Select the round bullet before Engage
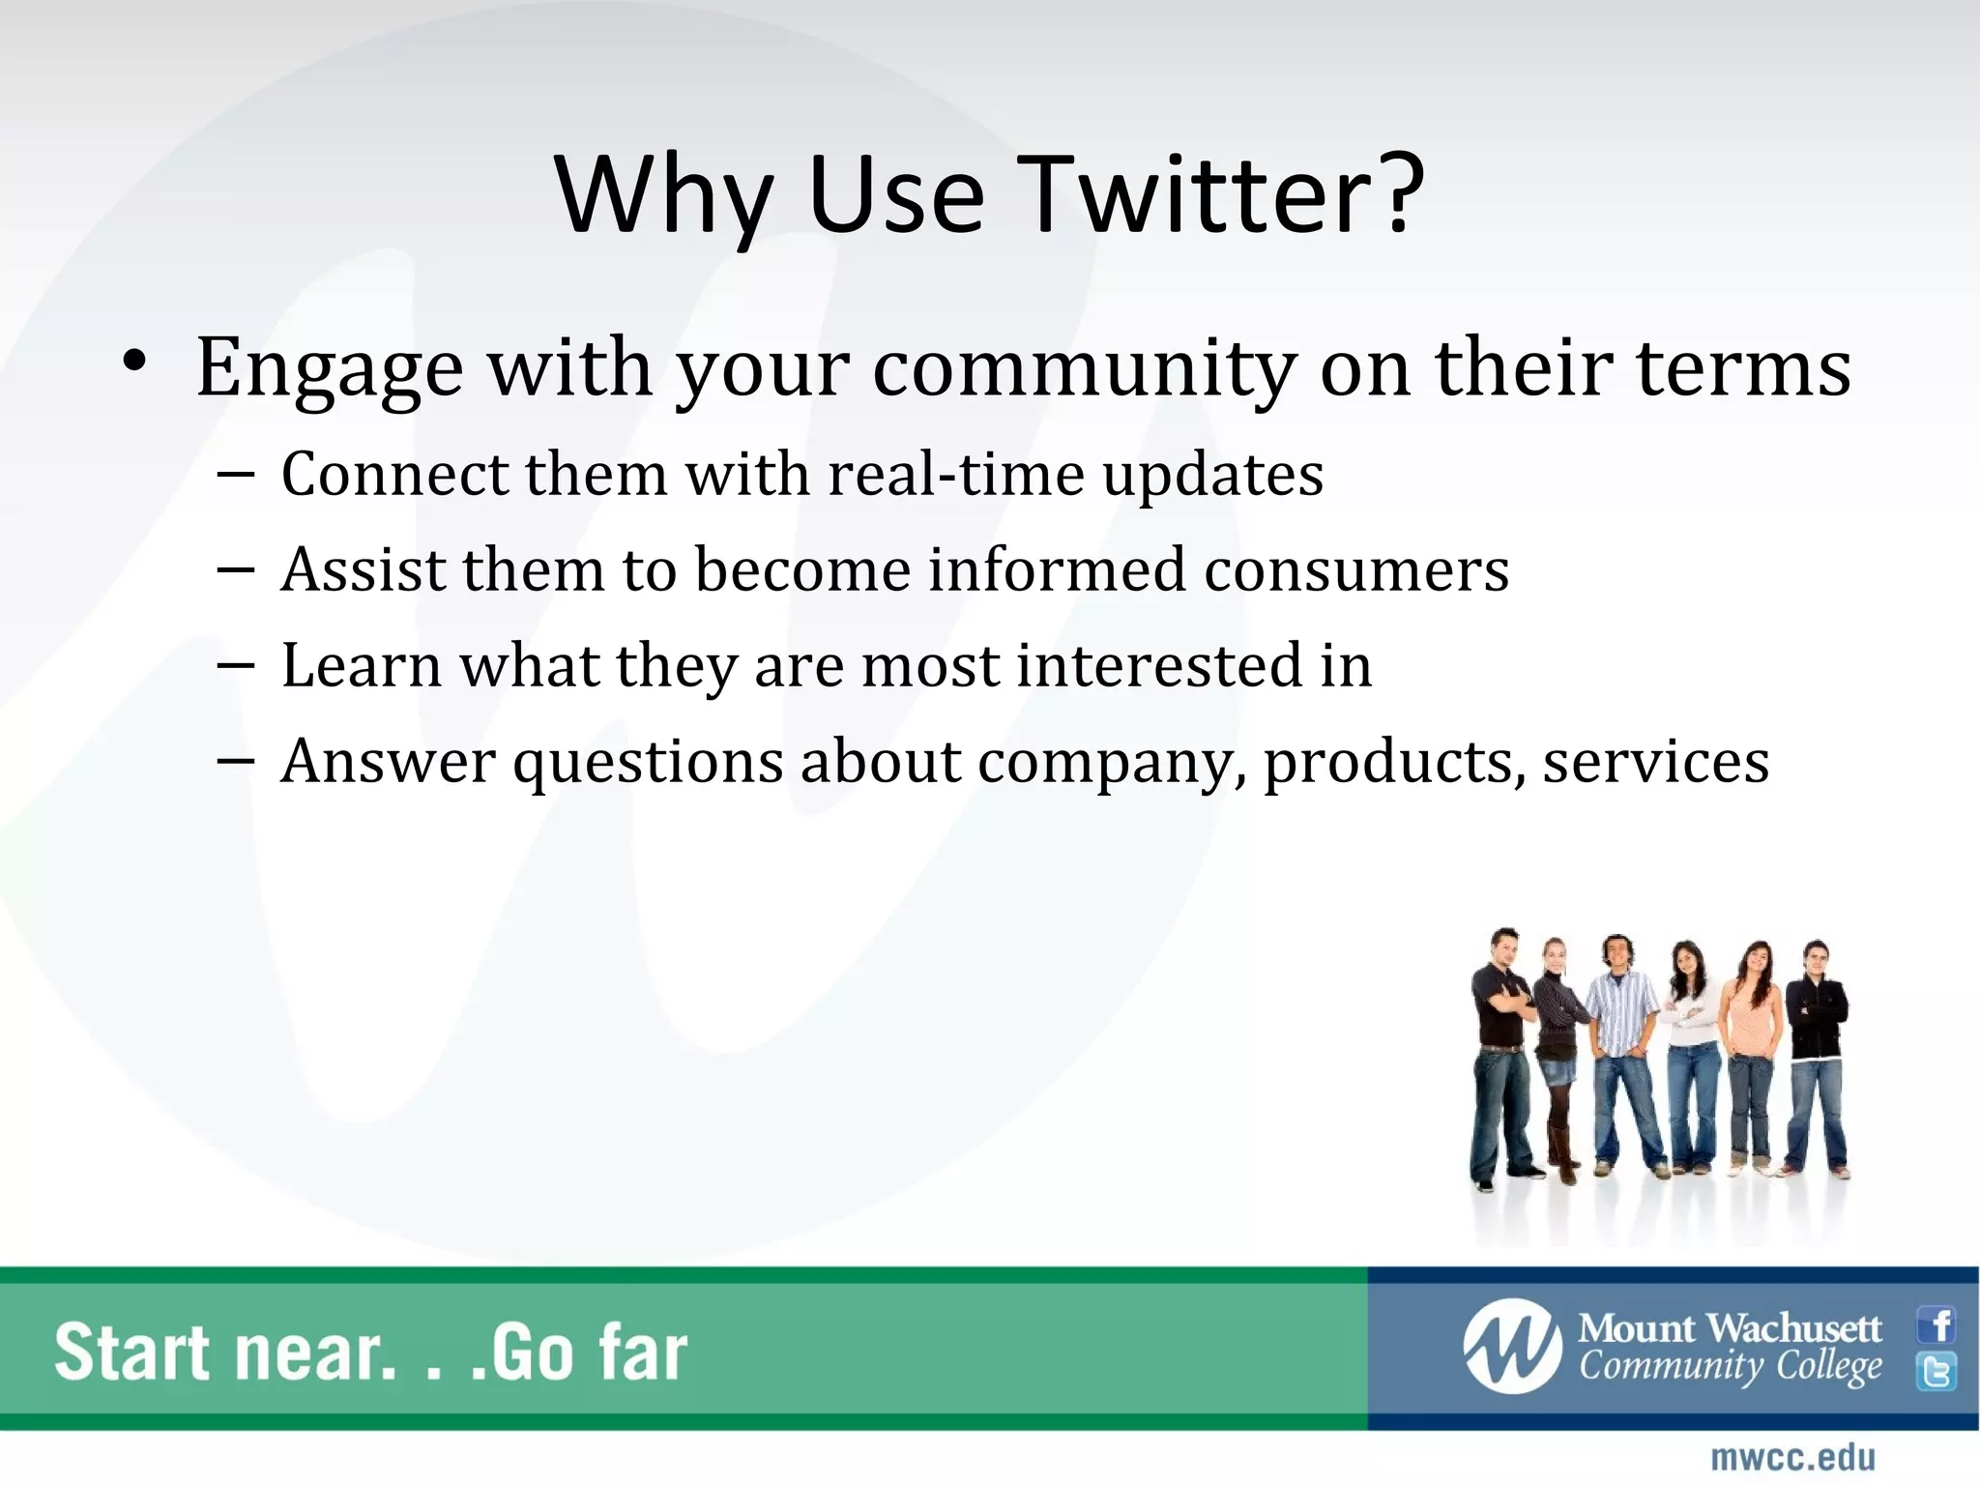[x=134, y=363]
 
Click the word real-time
[x=956, y=475]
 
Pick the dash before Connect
[x=236, y=475]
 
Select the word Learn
[x=361, y=666]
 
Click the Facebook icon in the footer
[x=1936, y=1325]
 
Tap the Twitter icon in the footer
[x=1936, y=1372]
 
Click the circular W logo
[x=1511, y=1347]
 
